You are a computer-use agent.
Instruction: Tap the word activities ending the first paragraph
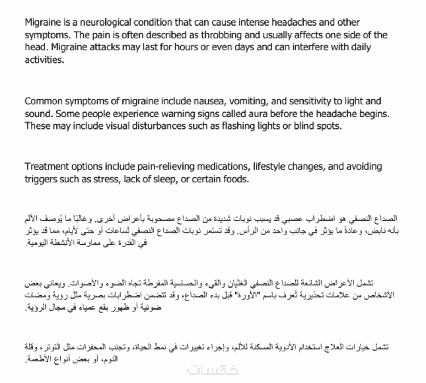pos(44,60)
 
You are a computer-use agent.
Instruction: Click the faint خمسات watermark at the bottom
pos(213,370)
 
